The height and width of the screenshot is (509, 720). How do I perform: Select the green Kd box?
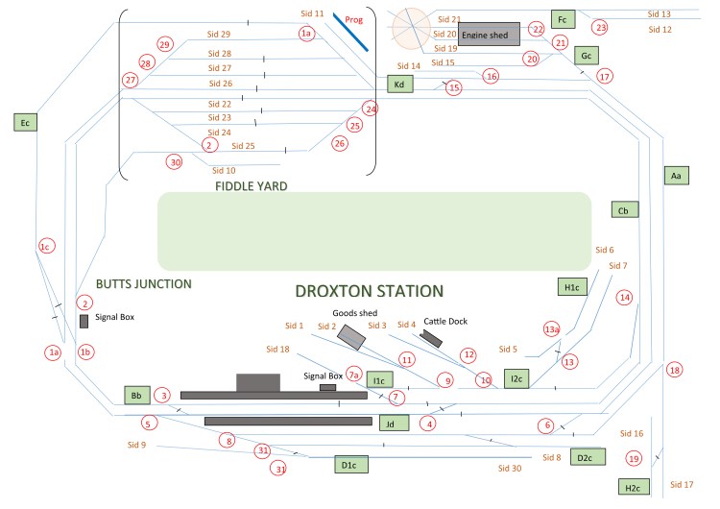click(399, 85)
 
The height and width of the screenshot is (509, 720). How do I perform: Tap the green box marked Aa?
click(676, 176)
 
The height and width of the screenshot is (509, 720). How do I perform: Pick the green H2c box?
click(633, 487)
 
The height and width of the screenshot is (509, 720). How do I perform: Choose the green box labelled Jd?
click(390, 422)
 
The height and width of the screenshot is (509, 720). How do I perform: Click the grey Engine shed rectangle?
click(489, 35)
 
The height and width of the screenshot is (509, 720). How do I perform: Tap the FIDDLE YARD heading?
click(252, 186)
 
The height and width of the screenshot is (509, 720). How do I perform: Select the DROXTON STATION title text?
click(369, 291)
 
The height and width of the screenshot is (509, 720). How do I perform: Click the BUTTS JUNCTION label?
click(144, 284)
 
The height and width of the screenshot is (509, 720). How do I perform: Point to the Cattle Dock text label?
click(444, 322)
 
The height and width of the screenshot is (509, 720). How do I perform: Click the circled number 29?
click(164, 44)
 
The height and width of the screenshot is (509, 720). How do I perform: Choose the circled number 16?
click(491, 75)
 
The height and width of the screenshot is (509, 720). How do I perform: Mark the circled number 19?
click(634, 459)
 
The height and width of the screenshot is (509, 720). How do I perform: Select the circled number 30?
click(174, 161)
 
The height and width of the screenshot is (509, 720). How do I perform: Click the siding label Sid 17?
click(681, 484)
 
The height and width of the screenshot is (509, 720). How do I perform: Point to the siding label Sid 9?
click(136, 445)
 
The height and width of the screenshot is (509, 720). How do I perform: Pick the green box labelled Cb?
click(623, 210)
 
